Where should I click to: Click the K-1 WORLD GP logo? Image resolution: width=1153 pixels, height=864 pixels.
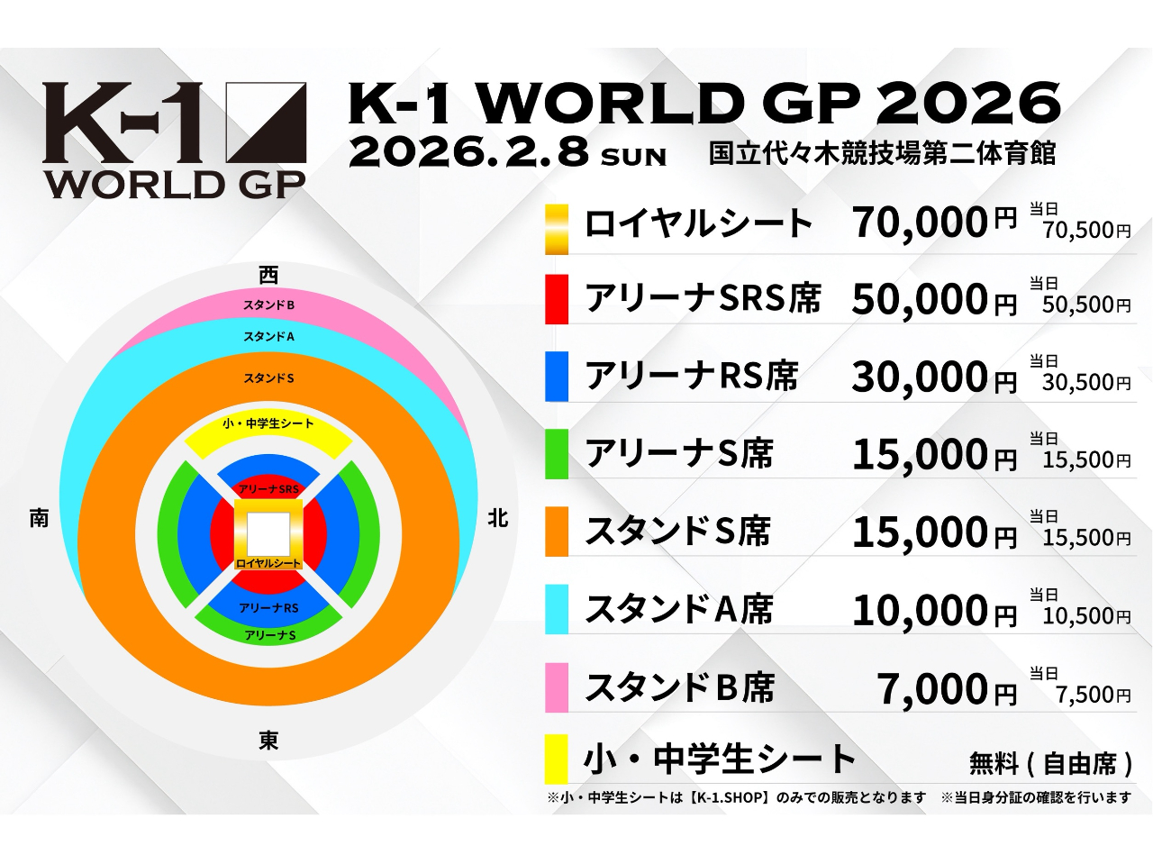click(x=175, y=140)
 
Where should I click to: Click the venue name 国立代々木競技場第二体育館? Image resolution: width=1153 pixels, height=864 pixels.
click(x=882, y=152)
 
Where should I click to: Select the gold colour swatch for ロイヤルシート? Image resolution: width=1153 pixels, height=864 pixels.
click(x=557, y=229)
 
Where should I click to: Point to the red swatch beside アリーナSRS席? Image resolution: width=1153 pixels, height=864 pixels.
click(x=557, y=299)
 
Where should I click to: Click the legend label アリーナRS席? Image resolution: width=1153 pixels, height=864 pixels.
click(x=692, y=376)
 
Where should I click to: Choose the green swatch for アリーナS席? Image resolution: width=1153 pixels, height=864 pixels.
click(x=557, y=454)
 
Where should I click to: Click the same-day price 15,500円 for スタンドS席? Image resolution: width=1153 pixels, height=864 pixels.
click(x=1086, y=537)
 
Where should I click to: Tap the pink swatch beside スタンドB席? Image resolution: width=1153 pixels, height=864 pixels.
click(x=557, y=687)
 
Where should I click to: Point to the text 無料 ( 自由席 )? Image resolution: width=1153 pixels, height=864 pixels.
click(x=1050, y=764)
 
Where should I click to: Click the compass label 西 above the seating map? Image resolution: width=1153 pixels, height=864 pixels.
click(x=268, y=275)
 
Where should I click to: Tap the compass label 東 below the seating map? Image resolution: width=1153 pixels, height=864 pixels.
click(x=268, y=741)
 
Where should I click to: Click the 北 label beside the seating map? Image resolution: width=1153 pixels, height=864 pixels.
click(x=498, y=519)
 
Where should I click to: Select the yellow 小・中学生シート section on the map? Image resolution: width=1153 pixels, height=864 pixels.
click(x=268, y=432)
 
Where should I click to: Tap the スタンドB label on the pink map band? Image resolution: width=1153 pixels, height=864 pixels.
click(x=268, y=305)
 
